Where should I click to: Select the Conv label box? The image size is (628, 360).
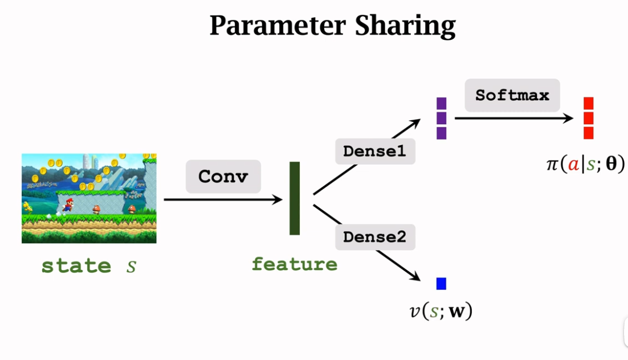[x=223, y=177]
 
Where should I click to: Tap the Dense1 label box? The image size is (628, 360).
[x=375, y=152]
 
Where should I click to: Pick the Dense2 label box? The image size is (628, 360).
[x=375, y=237]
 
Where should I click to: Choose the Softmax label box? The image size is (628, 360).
[x=512, y=95]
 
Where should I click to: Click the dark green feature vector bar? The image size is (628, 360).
[x=295, y=198]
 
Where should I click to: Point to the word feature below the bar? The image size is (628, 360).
[x=295, y=264]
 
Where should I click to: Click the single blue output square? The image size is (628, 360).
[x=441, y=284]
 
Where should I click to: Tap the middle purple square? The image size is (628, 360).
[x=441, y=118]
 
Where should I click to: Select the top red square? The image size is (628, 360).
[x=589, y=103]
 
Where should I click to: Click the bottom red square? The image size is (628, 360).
[x=589, y=133]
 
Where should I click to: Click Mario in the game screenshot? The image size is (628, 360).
[x=67, y=204]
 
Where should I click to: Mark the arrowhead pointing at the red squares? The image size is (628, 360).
[x=568, y=118]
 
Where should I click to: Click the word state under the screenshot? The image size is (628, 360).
[x=76, y=265]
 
